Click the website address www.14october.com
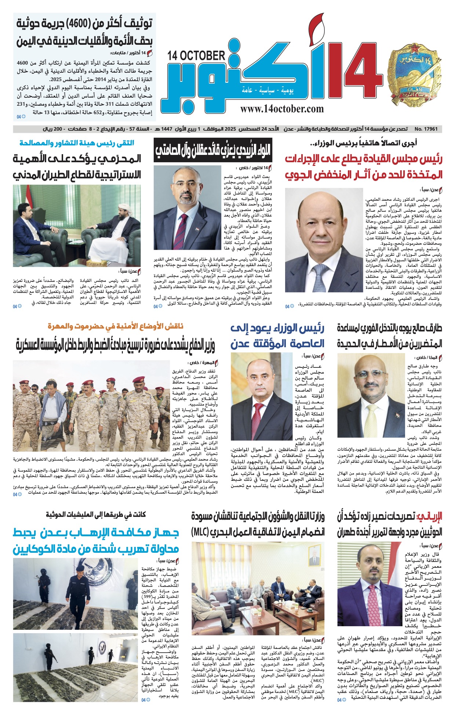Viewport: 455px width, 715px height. pyautogui.click(x=282, y=109)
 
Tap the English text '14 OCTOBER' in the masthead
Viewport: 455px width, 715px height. pyautogui.click(x=196, y=56)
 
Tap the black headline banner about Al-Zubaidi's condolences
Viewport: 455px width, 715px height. pyautogui.click(x=213, y=149)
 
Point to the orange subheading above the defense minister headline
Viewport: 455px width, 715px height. pyautogui.click(x=115, y=326)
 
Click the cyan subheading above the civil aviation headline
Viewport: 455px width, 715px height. pyautogui.click(x=77, y=143)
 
